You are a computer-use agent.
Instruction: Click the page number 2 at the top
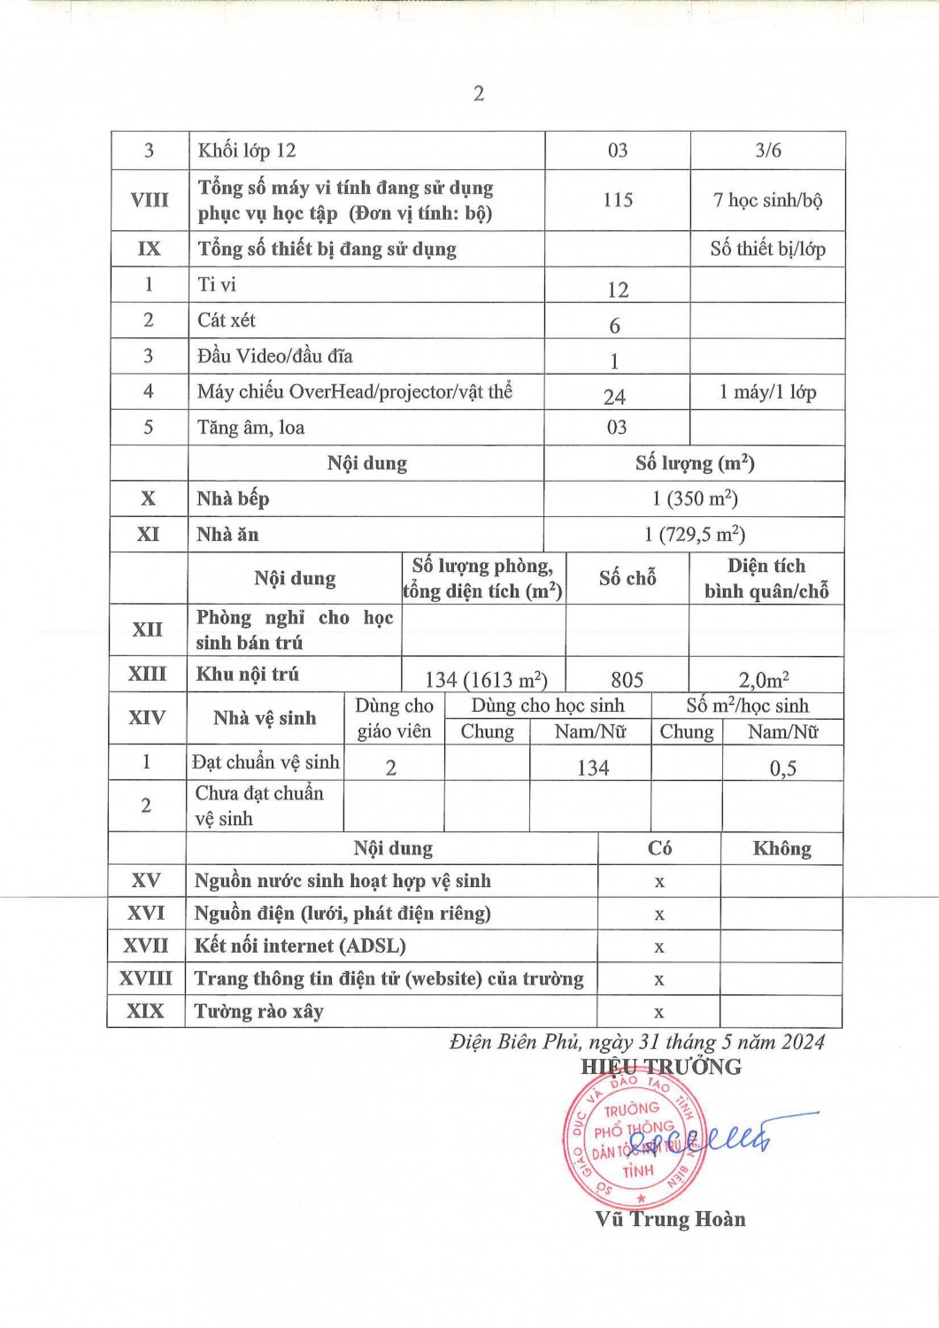tap(479, 94)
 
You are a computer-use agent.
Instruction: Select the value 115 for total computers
tap(618, 200)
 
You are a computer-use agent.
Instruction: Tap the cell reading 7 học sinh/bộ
tap(767, 200)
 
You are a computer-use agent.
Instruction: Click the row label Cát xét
tap(227, 320)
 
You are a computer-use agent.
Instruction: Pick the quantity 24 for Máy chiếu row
tap(614, 397)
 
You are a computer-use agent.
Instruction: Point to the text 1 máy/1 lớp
tap(767, 392)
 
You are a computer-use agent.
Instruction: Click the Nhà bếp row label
tap(233, 498)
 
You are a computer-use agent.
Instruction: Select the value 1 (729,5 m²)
tap(695, 535)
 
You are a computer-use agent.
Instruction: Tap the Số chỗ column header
tap(627, 578)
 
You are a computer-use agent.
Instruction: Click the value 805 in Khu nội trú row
tap(627, 680)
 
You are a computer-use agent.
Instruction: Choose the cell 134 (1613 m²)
tap(486, 680)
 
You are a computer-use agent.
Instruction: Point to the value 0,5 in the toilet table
tap(782, 768)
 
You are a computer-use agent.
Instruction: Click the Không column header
tap(781, 848)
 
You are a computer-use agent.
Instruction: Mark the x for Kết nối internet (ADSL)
tap(659, 947)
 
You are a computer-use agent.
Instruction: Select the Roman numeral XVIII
tap(146, 978)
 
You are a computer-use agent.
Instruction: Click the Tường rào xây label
tap(259, 1011)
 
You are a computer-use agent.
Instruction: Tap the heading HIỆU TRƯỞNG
tap(661, 1067)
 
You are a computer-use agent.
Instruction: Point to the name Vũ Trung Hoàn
tap(670, 1219)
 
